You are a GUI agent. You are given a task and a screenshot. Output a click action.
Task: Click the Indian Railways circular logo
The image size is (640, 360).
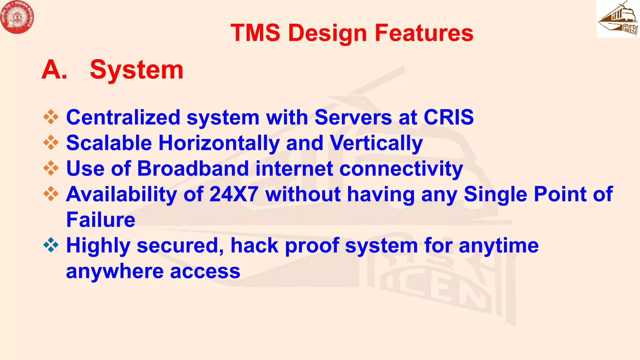click(17, 17)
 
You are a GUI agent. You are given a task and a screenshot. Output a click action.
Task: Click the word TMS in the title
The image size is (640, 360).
click(255, 33)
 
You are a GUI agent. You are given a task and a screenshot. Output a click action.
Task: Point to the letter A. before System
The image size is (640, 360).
click(54, 70)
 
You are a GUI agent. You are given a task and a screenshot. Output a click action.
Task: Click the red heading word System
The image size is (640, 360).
click(136, 70)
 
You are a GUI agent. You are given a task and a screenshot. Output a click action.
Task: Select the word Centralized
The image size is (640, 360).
click(123, 117)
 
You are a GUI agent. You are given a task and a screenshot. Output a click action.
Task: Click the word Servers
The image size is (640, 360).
click(353, 117)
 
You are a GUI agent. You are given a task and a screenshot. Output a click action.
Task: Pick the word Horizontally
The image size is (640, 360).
click(219, 143)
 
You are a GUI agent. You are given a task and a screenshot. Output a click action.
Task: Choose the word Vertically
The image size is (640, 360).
click(376, 143)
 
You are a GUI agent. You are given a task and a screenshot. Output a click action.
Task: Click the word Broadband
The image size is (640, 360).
click(193, 168)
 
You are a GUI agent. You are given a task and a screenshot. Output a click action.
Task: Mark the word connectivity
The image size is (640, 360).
click(401, 168)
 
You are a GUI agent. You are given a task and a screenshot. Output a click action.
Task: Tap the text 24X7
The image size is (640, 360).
click(234, 194)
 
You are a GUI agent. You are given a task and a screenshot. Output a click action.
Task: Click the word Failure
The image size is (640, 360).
click(101, 220)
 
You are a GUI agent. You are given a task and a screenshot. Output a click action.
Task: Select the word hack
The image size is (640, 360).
click(254, 245)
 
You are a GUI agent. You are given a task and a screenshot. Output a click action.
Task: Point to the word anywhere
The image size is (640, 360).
click(115, 271)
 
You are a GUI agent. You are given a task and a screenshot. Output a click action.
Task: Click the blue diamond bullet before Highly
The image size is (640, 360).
click(51, 245)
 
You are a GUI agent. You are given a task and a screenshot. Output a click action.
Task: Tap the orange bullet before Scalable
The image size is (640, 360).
click(51, 142)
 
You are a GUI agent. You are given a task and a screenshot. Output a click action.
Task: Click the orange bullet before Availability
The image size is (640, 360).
click(51, 194)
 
